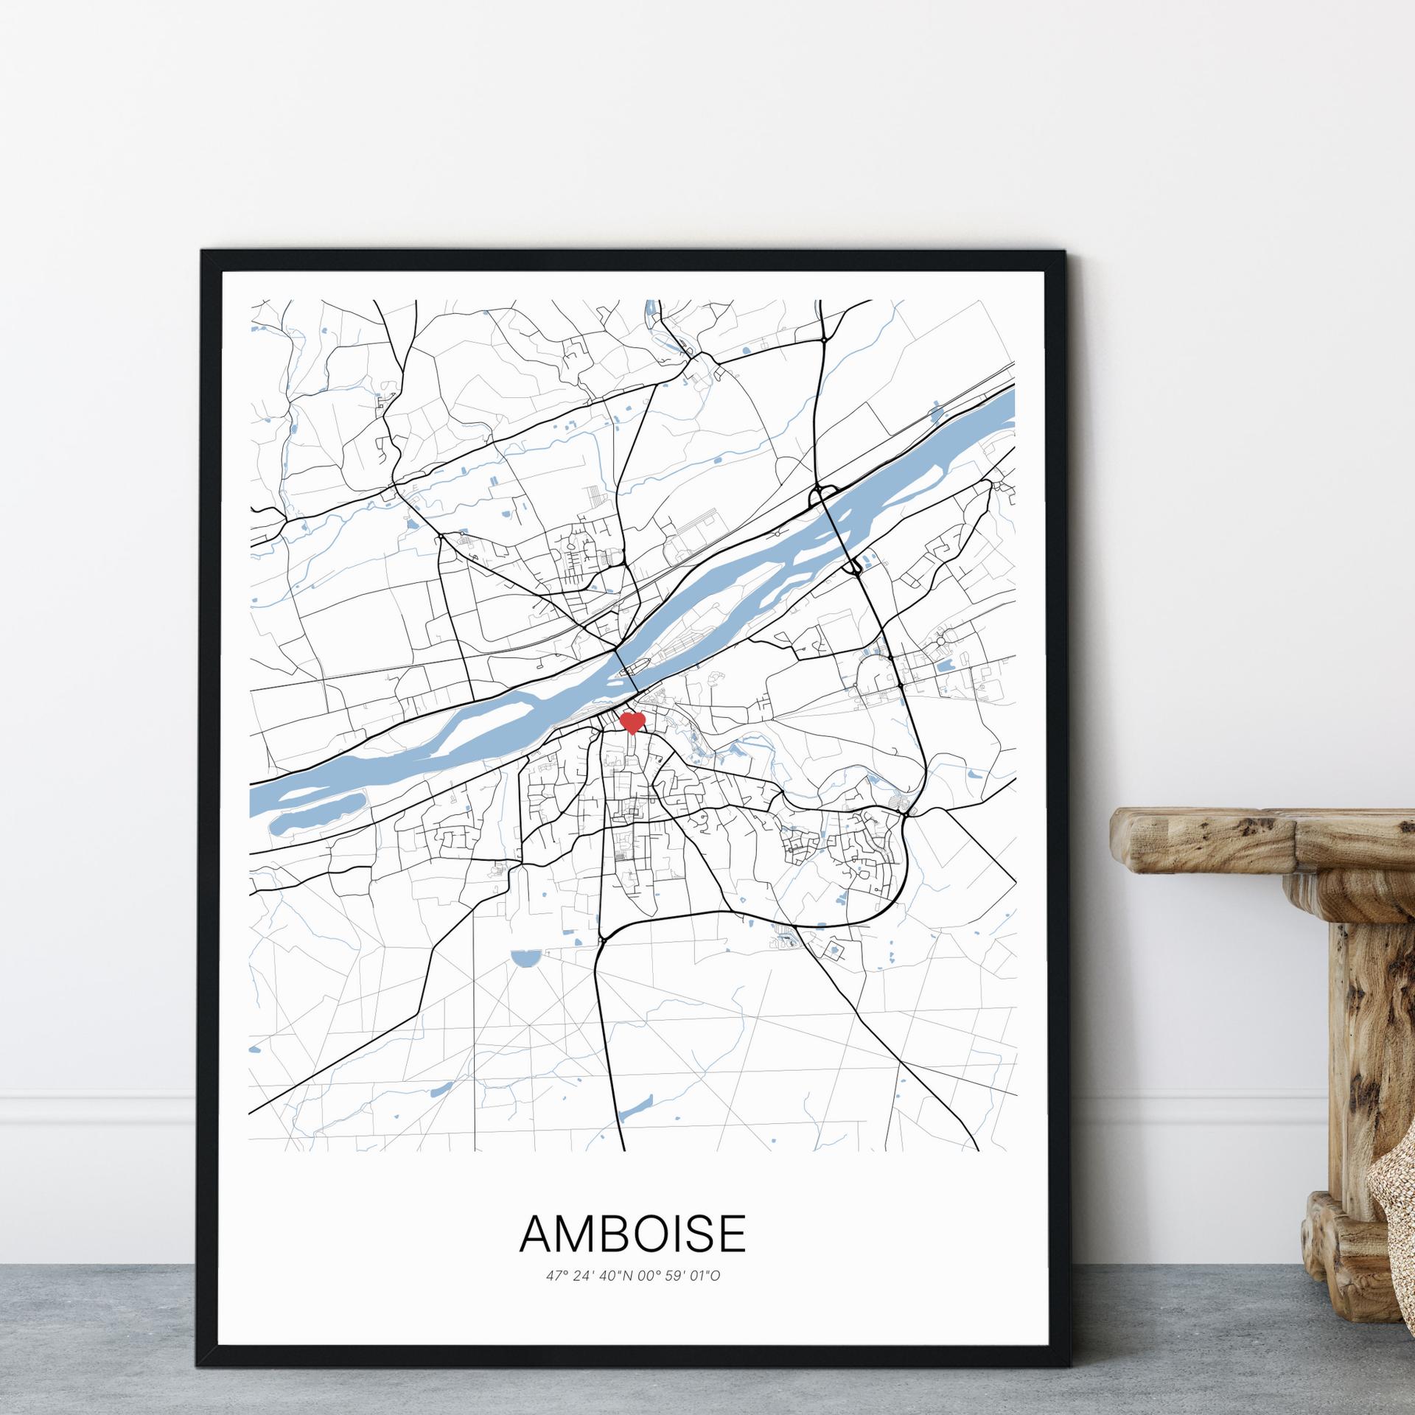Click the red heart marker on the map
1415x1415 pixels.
click(x=632, y=722)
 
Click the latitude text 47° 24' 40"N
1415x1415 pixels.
click(x=587, y=1275)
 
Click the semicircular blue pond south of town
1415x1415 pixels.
click(x=524, y=959)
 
